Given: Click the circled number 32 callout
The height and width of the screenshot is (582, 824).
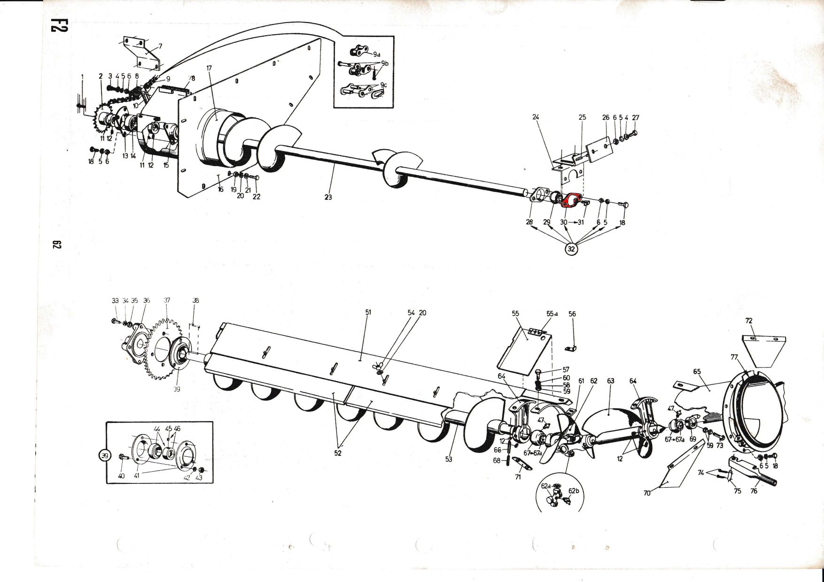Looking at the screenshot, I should pos(571,249).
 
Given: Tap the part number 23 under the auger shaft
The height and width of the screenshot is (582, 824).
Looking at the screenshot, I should pos(328,198).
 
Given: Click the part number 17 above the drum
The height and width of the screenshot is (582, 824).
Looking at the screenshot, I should pos(209,68).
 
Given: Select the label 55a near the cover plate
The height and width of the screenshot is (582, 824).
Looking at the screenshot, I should pos(552,314).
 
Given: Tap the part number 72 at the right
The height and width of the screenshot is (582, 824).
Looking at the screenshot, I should pos(749,321).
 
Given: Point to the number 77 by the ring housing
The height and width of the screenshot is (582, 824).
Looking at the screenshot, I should pos(734,357).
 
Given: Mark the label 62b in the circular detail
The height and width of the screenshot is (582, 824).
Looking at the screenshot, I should pos(574,491).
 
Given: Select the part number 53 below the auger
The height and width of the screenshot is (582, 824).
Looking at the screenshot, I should pos(449,459).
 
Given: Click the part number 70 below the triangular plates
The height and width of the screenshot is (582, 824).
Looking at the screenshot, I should pos(647,493).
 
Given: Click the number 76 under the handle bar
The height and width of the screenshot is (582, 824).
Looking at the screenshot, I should pos(754,491).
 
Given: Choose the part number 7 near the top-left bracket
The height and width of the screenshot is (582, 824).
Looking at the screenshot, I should pos(160,46).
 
